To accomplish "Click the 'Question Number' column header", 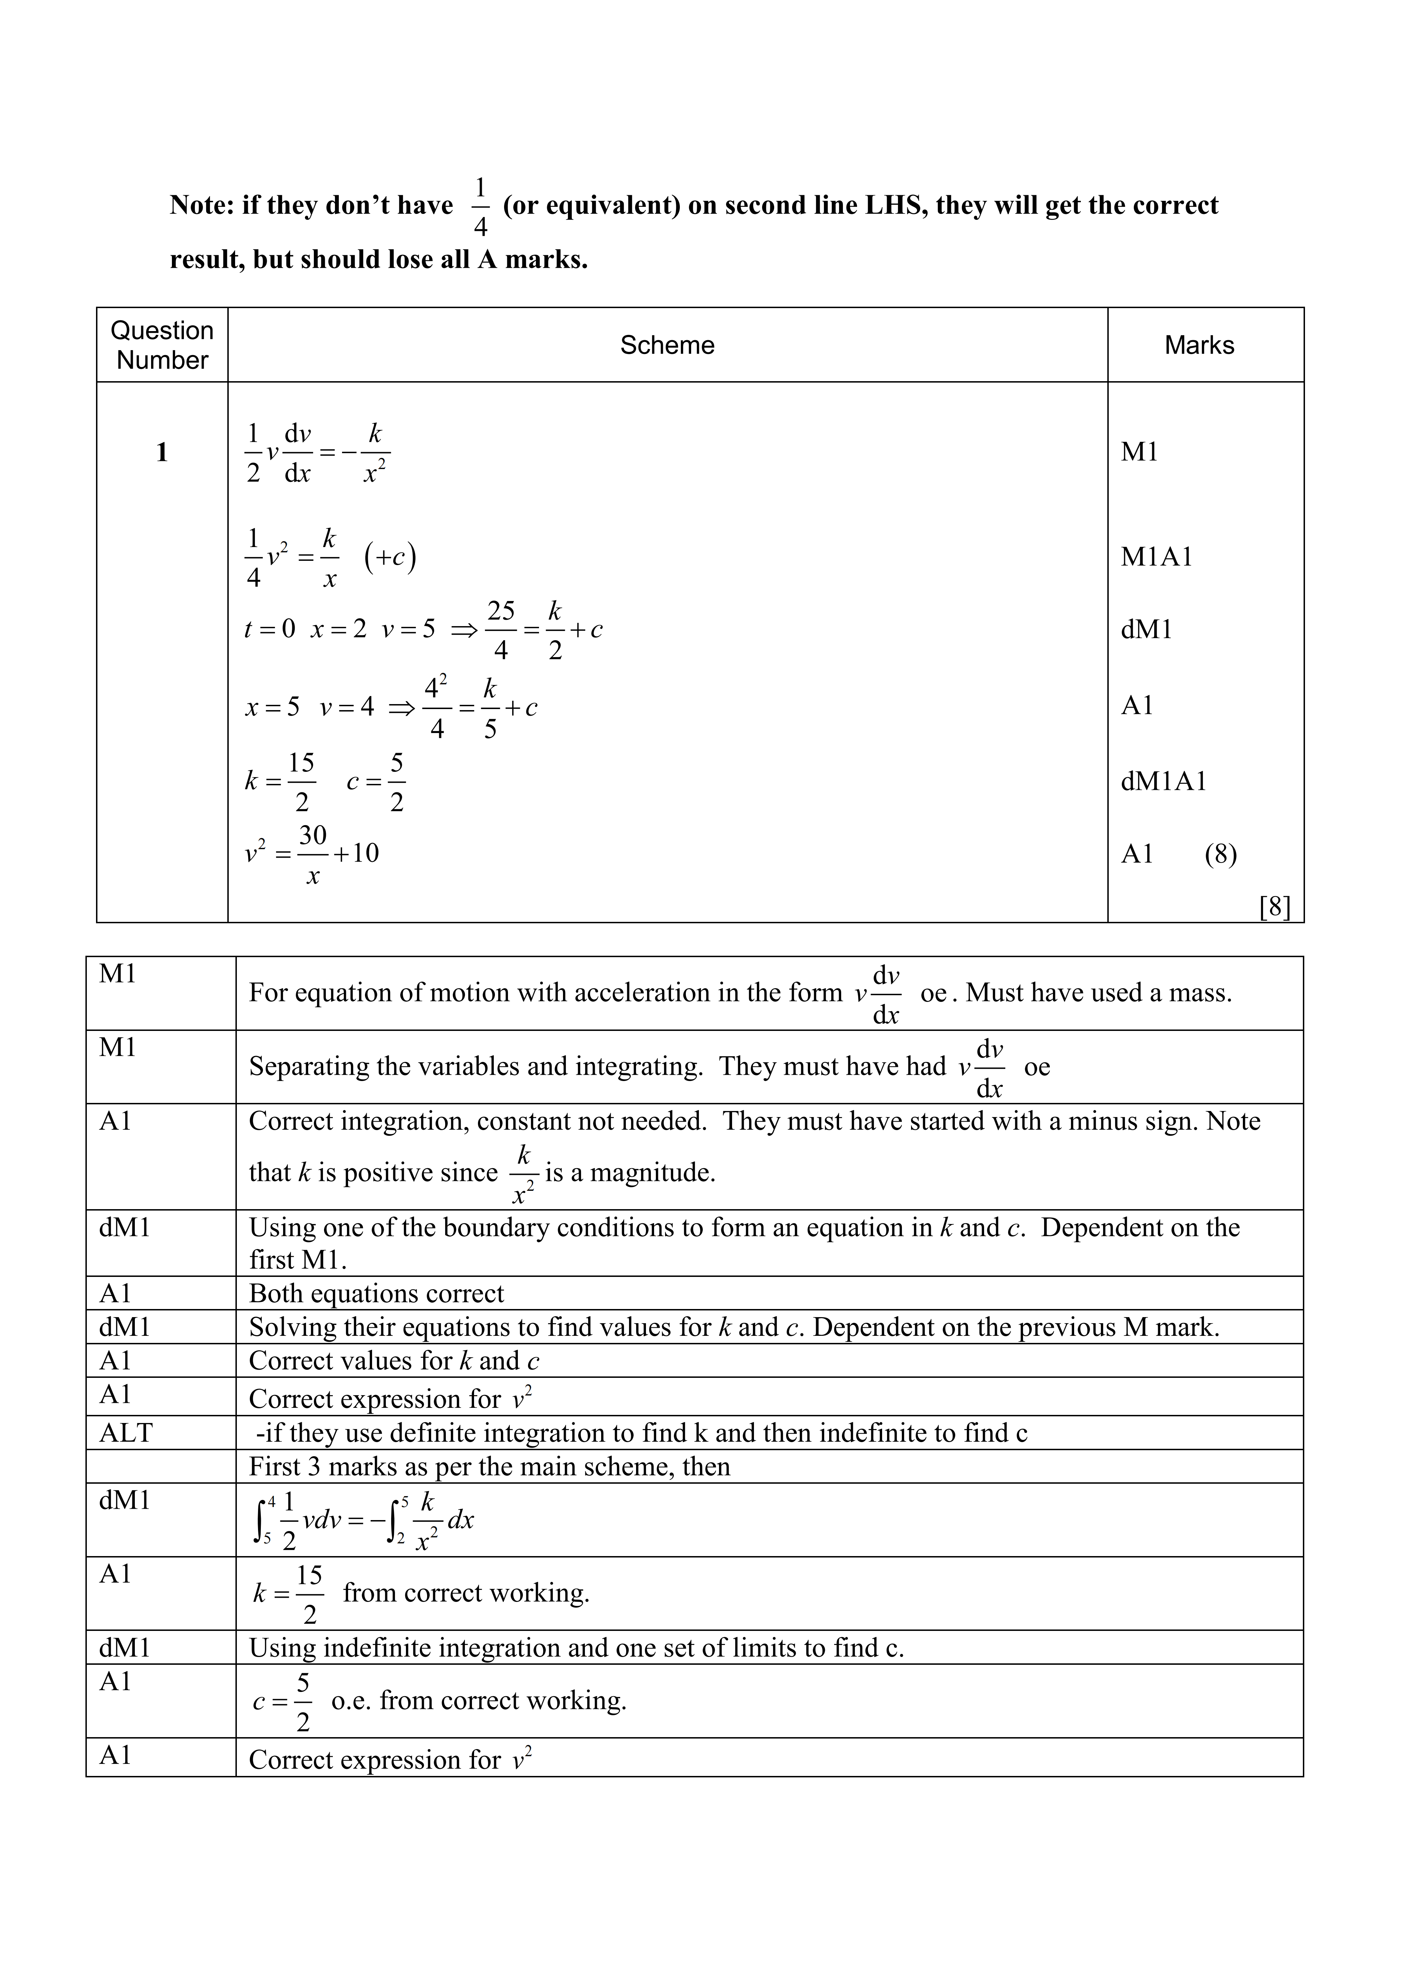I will coord(162,345).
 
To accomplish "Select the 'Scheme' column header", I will coord(667,345).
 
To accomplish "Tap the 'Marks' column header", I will coord(1199,345).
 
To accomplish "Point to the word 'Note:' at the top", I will coord(202,205).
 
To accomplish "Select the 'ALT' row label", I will coord(126,1433).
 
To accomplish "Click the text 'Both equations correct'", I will coord(376,1293).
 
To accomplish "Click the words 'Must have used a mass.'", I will coord(1098,993).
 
